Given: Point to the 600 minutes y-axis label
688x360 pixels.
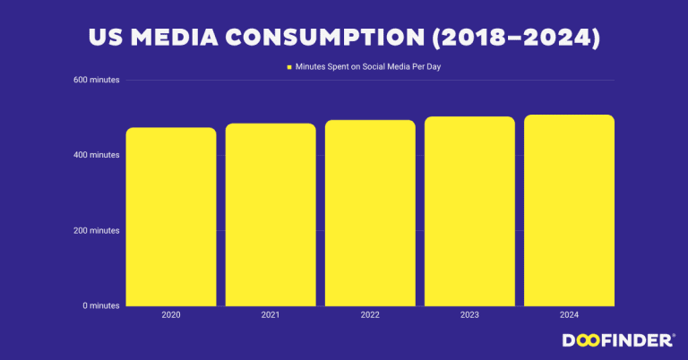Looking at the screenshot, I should (98, 81).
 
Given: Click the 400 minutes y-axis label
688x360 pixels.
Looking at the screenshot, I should (98, 156).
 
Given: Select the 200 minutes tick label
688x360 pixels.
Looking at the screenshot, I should (98, 231).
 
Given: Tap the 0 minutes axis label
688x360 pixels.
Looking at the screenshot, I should (101, 306).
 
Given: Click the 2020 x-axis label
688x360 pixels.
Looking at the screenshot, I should (171, 315).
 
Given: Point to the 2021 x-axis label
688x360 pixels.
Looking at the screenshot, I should (271, 315).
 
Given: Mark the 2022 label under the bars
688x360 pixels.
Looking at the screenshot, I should (370, 315).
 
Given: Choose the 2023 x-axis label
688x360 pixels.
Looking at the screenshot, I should (469, 315).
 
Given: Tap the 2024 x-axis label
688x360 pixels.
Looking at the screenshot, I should (569, 315).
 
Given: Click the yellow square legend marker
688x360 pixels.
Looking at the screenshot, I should (289, 67).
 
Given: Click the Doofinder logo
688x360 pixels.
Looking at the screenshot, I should (618, 340).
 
